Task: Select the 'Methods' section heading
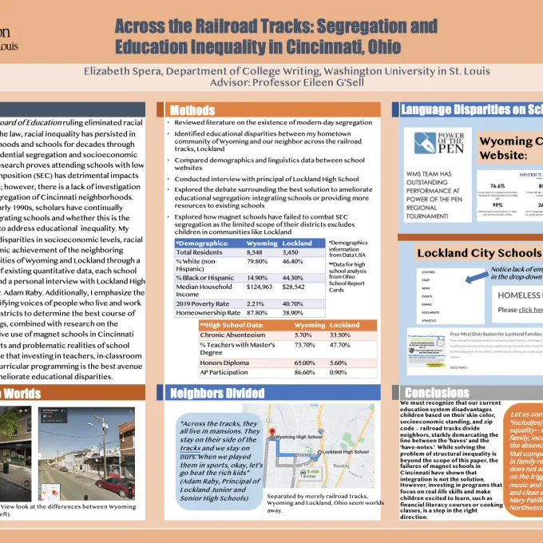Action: pyautogui.click(x=193, y=110)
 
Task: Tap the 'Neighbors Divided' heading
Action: pyautogui.click(x=217, y=393)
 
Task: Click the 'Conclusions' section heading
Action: pyautogui.click(x=437, y=393)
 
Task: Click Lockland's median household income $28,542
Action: pyautogui.click(x=297, y=285)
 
